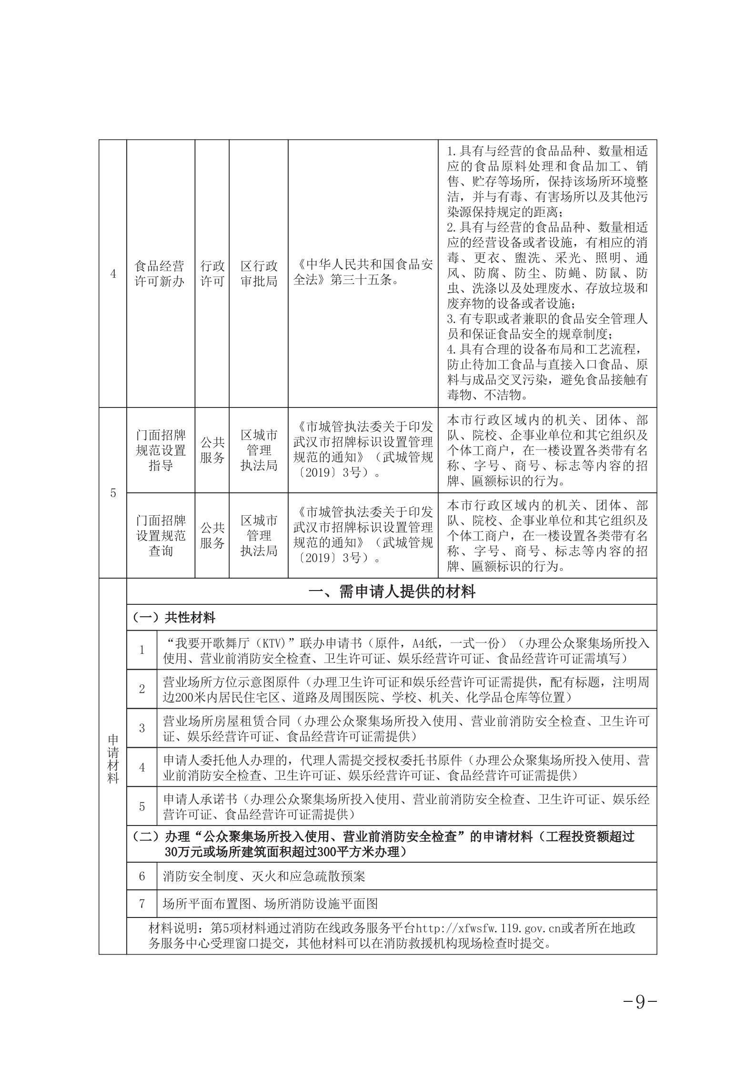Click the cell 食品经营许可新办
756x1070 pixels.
160,274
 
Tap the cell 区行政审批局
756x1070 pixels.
259,274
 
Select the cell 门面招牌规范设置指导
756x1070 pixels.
160,450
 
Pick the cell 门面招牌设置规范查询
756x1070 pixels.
160,535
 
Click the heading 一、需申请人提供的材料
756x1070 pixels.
392,592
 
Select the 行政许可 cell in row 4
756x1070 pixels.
212,274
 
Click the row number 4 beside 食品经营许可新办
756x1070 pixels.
113,274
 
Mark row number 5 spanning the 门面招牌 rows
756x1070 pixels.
113,493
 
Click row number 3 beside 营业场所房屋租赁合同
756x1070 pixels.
142,728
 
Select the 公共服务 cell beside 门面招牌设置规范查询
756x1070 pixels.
212,535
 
